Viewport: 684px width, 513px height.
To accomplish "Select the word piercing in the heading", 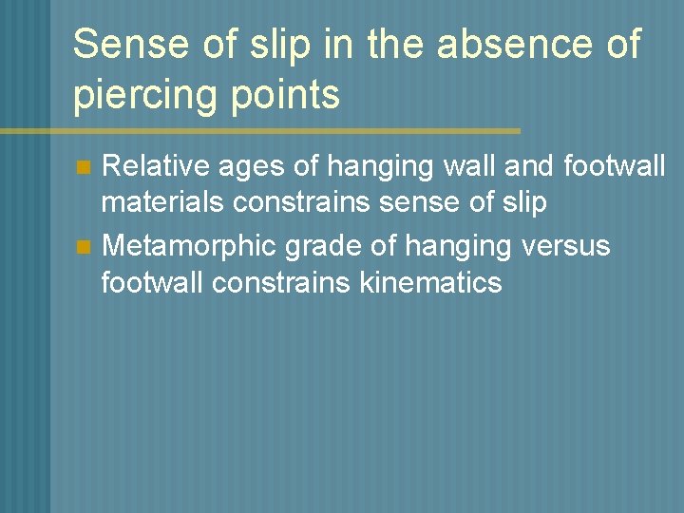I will click(142, 95).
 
